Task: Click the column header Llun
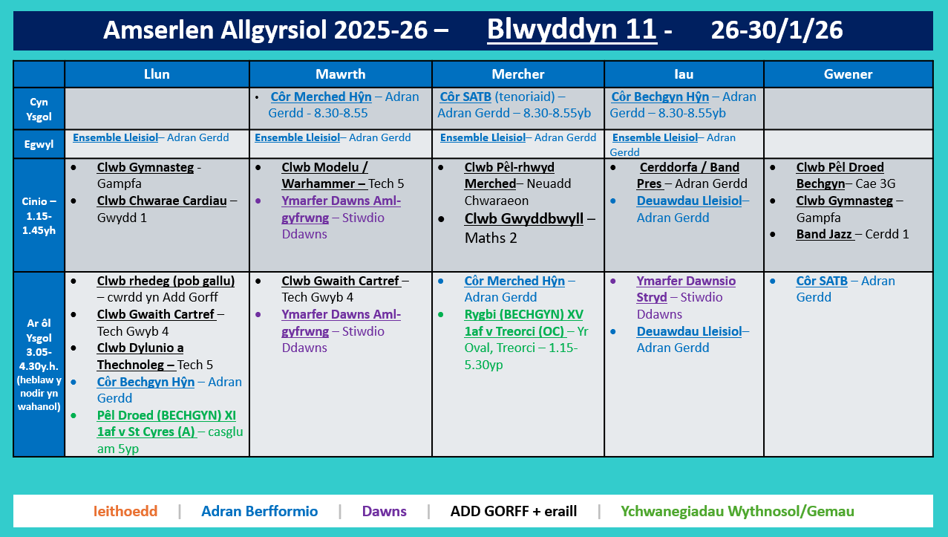point(157,74)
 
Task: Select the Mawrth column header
point(340,74)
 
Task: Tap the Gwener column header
point(848,74)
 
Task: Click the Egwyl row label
point(39,144)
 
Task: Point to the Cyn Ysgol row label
point(39,108)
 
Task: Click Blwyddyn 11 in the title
point(572,30)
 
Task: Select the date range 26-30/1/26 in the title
point(777,30)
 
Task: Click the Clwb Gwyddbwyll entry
point(523,219)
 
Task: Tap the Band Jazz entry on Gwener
point(823,234)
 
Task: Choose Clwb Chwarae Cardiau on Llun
point(161,201)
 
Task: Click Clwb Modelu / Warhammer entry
point(324,175)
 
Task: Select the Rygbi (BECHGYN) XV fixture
point(523,322)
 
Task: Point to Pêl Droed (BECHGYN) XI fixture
point(166,423)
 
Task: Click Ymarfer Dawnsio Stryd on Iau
point(685,289)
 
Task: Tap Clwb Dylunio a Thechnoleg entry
point(140,356)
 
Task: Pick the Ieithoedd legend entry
point(125,511)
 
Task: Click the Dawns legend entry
point(384,511)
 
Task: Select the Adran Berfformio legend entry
point(259,511)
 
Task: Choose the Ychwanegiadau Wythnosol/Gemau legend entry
point(737,511)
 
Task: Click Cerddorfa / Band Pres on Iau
point(689,175)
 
